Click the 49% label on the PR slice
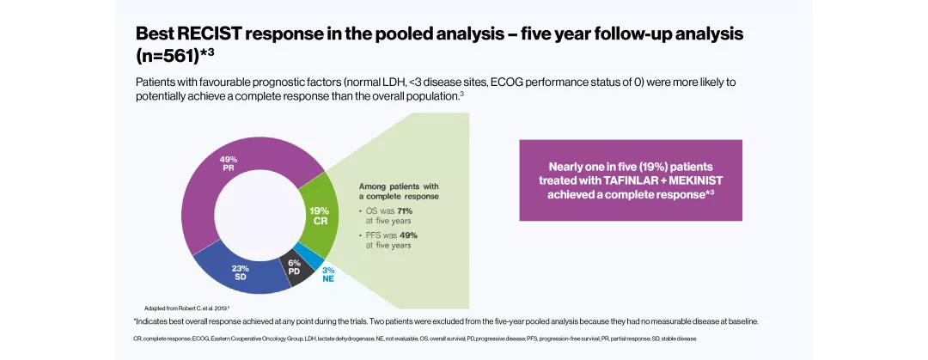229,160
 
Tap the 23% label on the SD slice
241,268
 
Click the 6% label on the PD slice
294,263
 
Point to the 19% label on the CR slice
319,210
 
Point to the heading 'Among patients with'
399,186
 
